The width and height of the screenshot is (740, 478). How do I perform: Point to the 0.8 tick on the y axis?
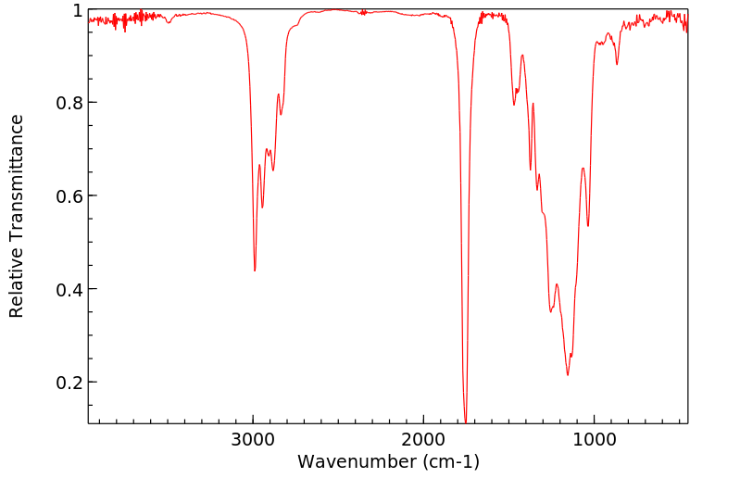click(x=69, y=103)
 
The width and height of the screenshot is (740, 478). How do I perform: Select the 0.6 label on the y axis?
click(x=69, y=196)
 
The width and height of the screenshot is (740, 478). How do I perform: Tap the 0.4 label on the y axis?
click(x=69, y=290)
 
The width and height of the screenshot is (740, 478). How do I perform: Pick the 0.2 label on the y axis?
click(x=69, y=383)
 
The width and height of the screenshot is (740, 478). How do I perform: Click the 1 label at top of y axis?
click(x=78, y=10)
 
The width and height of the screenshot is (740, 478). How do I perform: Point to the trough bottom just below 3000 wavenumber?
click(x=255, y=270)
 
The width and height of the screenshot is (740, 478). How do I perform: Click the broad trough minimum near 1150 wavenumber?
click(x=568, y=374)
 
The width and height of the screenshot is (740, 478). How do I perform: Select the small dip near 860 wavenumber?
click(x=617, y=64)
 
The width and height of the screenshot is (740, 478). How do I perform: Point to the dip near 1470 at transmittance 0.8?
click(x=514, y=105)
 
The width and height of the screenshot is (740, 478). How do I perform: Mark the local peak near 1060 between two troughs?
click(x=583, y=168)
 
